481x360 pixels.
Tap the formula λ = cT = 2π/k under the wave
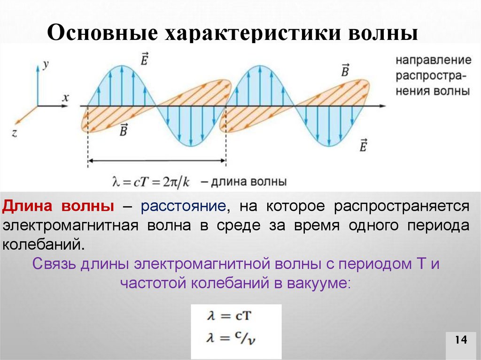(x=150, y=182)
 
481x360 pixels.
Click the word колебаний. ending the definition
(x=45, y=244)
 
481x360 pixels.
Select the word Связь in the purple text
(x=54, y=264)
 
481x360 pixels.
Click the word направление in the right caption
(x=433, y=61)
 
